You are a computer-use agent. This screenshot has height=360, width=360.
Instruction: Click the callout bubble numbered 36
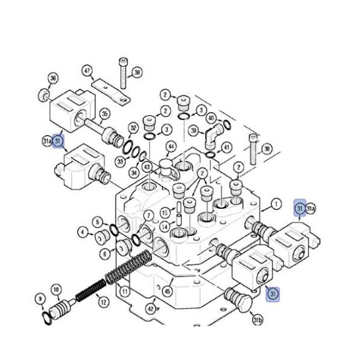(x=53, y=79)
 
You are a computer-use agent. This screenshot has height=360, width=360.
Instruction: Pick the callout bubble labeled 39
(x=193, y=130)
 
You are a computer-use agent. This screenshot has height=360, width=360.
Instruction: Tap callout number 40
(x=211, y=119)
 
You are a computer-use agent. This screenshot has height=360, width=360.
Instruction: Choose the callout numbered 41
(x=226, y=148)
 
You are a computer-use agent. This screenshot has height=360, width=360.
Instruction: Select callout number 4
(x=83, y=231)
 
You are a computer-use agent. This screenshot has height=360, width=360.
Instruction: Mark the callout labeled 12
(x=103, y=302)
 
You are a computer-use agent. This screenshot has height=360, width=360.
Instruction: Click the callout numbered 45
(x=167, y=292)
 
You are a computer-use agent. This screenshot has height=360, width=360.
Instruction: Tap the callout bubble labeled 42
(x=151, y=309)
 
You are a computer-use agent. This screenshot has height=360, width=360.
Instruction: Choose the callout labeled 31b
(x=257, y=321)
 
